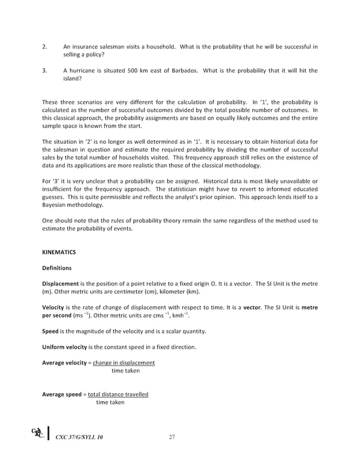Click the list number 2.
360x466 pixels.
[45, 46]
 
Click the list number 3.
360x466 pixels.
[45, 71]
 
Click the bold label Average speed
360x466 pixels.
[62, 394]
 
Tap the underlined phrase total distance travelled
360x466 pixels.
[117, 394]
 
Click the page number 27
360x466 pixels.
[173, 437]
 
